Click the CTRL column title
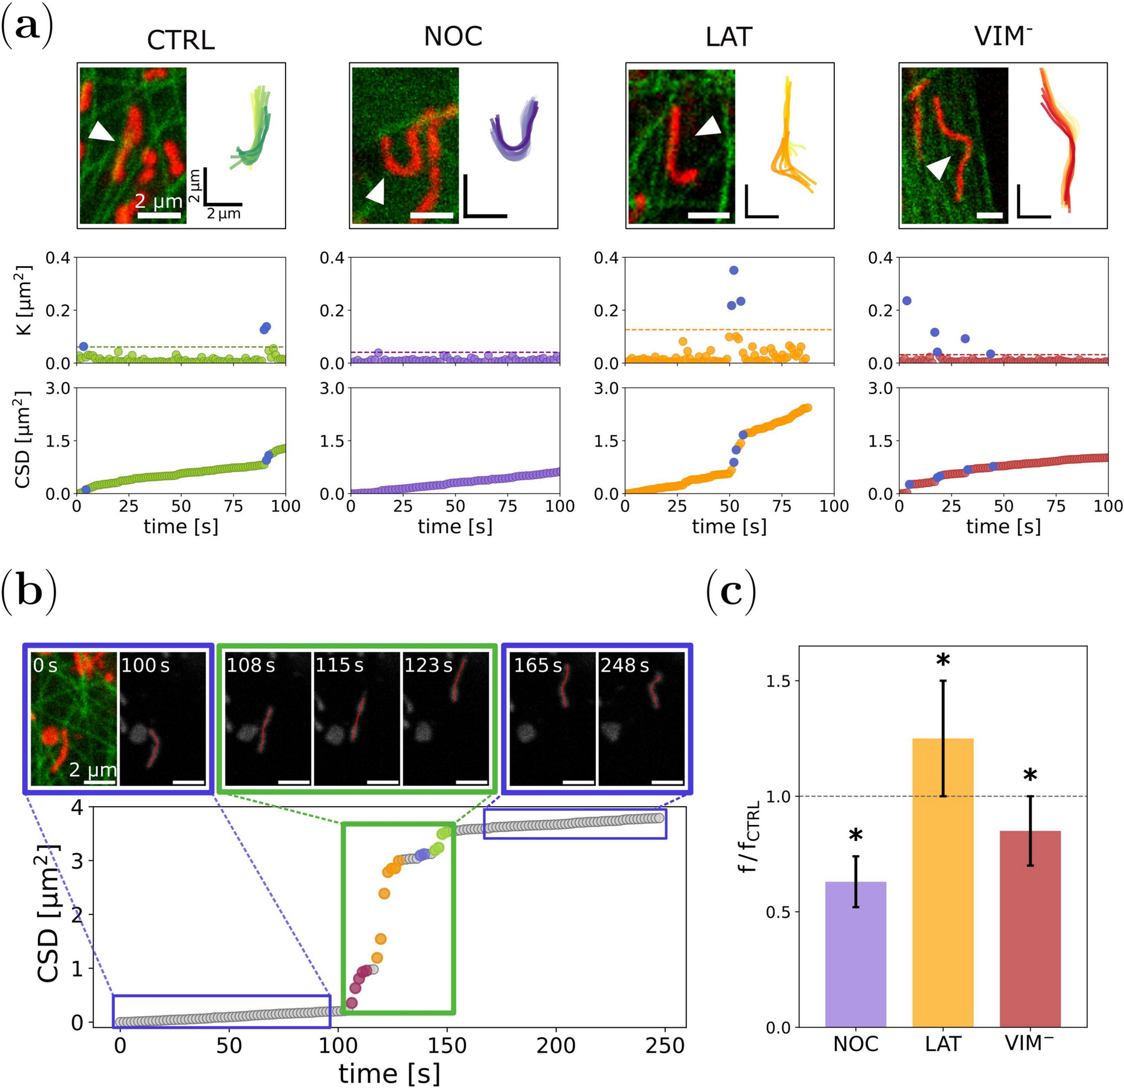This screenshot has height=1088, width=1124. click(x=180, y=40)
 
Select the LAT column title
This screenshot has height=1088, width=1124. click(x=728, y=37)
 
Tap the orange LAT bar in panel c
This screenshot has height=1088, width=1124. click(x=942, y=883)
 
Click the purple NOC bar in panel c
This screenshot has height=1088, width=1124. click(x=855, y=955)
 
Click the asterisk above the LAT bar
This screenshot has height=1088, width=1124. click(x=943, y=661)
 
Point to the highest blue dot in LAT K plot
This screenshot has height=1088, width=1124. click(x=733, y=270)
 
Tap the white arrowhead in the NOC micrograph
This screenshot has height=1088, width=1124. click(x=376, y=192)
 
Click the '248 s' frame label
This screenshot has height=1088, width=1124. click(x=625, y=666)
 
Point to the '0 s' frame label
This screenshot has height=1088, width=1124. click(x=46, y=666)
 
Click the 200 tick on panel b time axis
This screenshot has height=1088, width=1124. click(x=555, y=1046)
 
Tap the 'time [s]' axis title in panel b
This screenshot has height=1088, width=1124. click(x=389, y=1073)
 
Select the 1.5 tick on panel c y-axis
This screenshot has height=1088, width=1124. click(x=780, y=681)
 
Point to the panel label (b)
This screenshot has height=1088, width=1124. click(x=28, y=592)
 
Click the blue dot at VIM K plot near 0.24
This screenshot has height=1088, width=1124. click(x=907, y=300)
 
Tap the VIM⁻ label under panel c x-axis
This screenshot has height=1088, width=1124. click(x=1029, y=1044)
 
